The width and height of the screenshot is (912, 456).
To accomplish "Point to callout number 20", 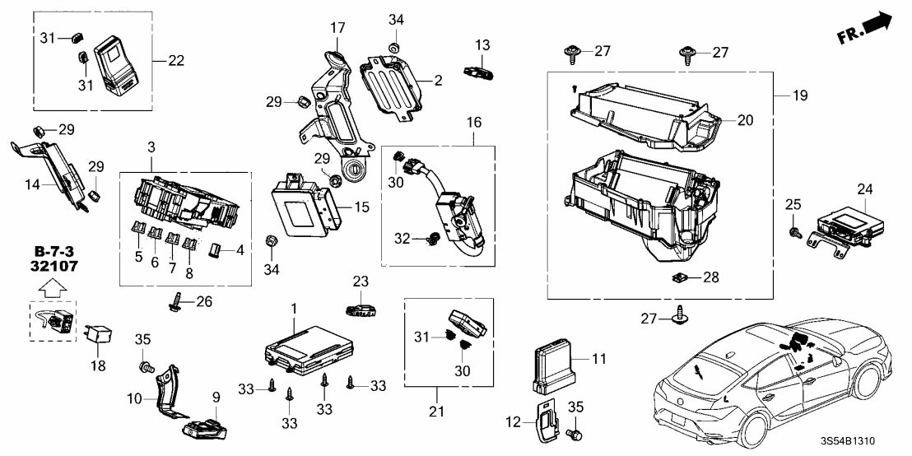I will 745,120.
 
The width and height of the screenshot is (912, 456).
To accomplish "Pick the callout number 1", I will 292,308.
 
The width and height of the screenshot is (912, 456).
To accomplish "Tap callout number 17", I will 337,28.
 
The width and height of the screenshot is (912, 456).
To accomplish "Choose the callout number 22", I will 174,60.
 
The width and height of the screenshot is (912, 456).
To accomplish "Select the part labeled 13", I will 479,71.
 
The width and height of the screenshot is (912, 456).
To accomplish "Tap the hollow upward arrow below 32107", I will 50,288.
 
